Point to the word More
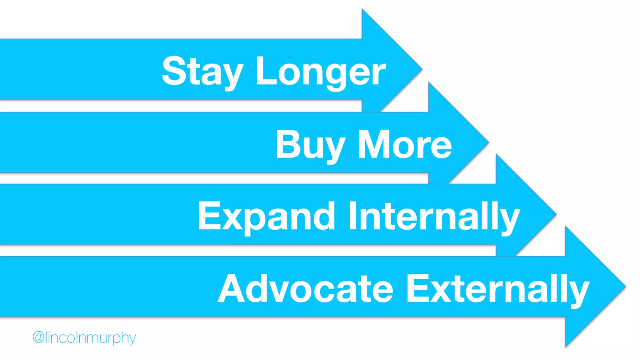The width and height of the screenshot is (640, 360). click(405, 144)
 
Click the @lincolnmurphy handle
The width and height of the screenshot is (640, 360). click(84, 337)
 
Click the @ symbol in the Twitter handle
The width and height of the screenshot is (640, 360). click(38, 337)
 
